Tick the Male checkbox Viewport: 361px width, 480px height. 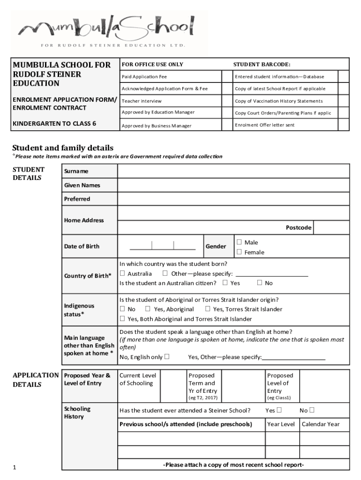239,242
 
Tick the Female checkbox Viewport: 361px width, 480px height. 239,252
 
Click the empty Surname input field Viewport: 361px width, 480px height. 233,171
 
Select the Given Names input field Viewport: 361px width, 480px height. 233,185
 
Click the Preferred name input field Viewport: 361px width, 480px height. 233,199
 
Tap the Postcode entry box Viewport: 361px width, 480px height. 331,227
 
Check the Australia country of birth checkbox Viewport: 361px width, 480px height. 122,273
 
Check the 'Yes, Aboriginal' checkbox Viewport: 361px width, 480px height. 148,309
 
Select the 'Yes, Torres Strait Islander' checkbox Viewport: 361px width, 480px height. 207,309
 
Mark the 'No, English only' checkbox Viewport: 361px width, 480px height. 166,357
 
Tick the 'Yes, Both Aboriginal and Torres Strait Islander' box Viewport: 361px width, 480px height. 122,319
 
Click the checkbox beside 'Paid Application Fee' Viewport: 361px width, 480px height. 228,76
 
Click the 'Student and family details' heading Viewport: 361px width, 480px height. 62,148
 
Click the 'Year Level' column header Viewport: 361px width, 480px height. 281,424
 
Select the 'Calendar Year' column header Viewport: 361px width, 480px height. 320,424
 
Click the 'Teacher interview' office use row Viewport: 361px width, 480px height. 142,101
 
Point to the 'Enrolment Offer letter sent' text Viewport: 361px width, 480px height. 264,125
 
